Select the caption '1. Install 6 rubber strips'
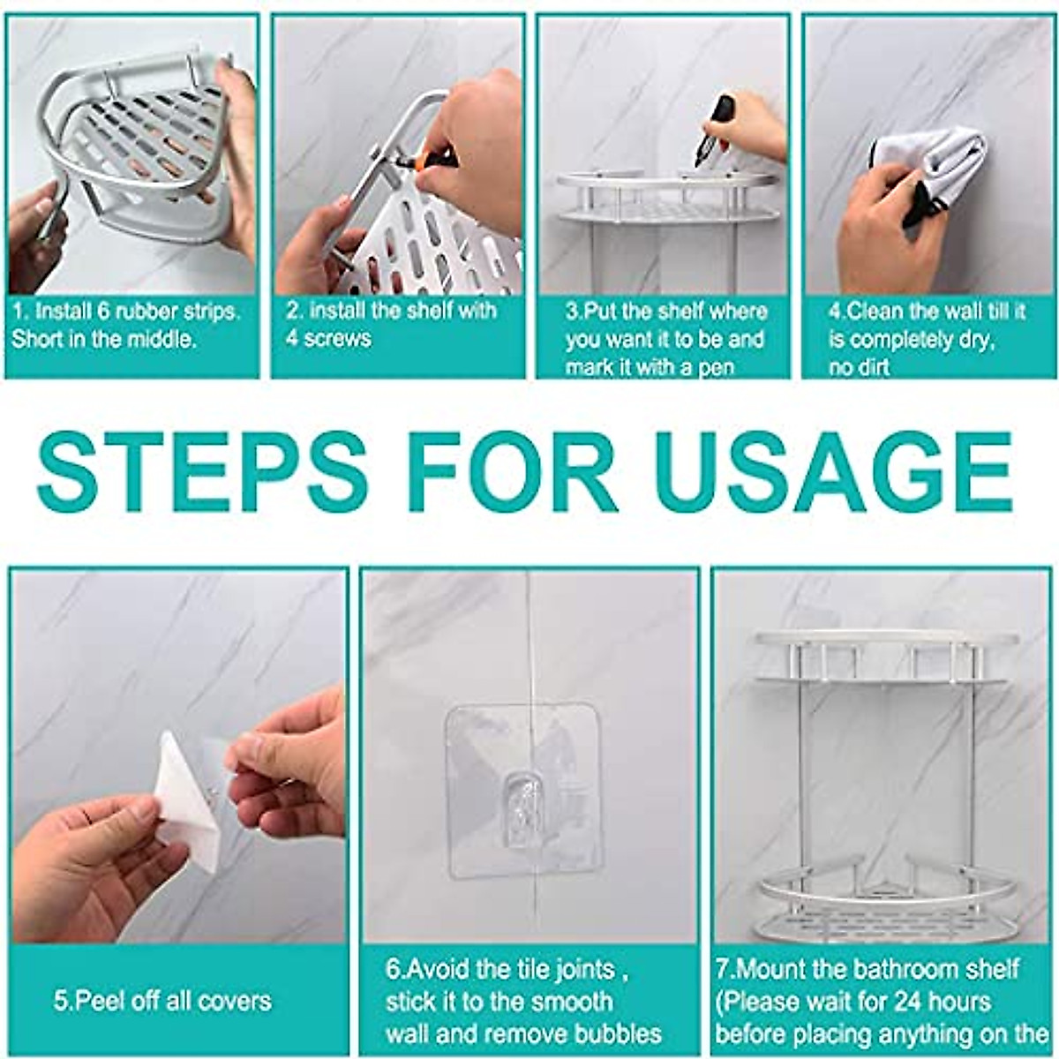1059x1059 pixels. point(125,312)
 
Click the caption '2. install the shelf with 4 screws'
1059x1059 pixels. point(390,324)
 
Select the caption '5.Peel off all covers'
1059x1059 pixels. point(162,1001)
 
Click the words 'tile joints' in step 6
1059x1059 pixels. point(547,969)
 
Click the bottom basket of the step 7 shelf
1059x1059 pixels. point(869,905)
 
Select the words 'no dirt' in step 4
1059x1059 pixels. point(859,367)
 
